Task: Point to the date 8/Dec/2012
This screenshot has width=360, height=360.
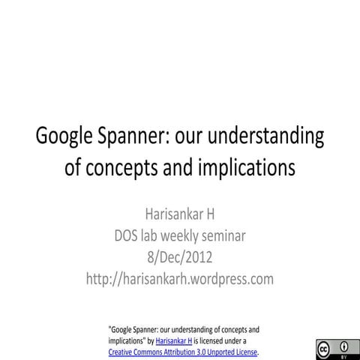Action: pos(180,258)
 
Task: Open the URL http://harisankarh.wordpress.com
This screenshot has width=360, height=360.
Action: pos(180,280)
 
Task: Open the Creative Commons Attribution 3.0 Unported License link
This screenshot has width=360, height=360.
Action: pos(182,351)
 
